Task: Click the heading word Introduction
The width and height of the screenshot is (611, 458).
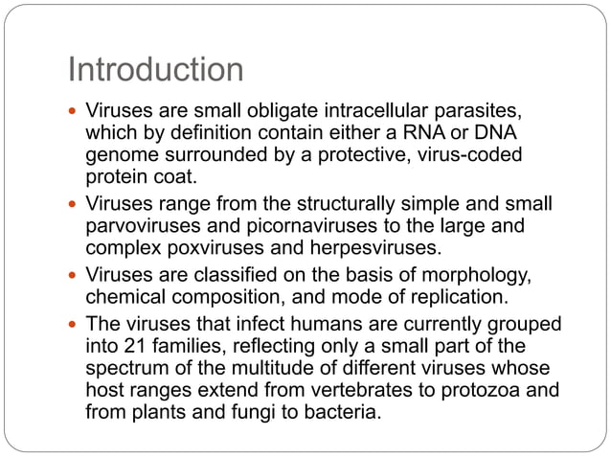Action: tap(155, 70)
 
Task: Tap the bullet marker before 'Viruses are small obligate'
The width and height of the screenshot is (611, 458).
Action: tap(73, 111)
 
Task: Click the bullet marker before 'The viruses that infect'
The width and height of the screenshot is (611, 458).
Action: tap(73, 325)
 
